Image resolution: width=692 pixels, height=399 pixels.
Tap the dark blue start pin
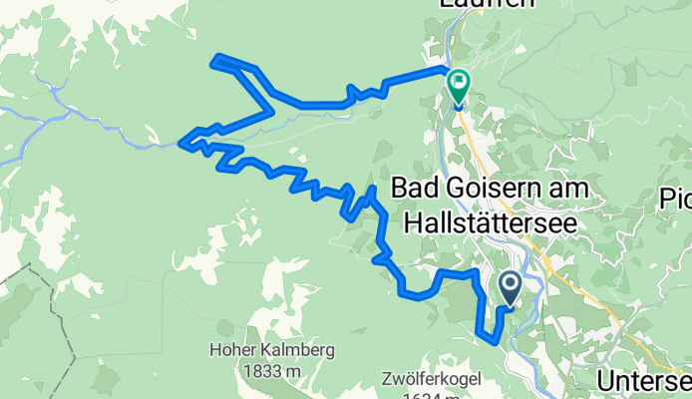tap(510, 289)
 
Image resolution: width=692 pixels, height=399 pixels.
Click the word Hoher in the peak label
tap(231, 350)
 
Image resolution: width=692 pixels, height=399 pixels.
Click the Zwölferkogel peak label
tap(425, 379)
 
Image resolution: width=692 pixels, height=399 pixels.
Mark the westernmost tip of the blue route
tap(180, 145)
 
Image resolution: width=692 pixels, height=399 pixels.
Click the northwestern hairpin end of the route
tap(214, 60)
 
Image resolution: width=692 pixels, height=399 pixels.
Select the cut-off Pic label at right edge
tap(675, 199)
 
